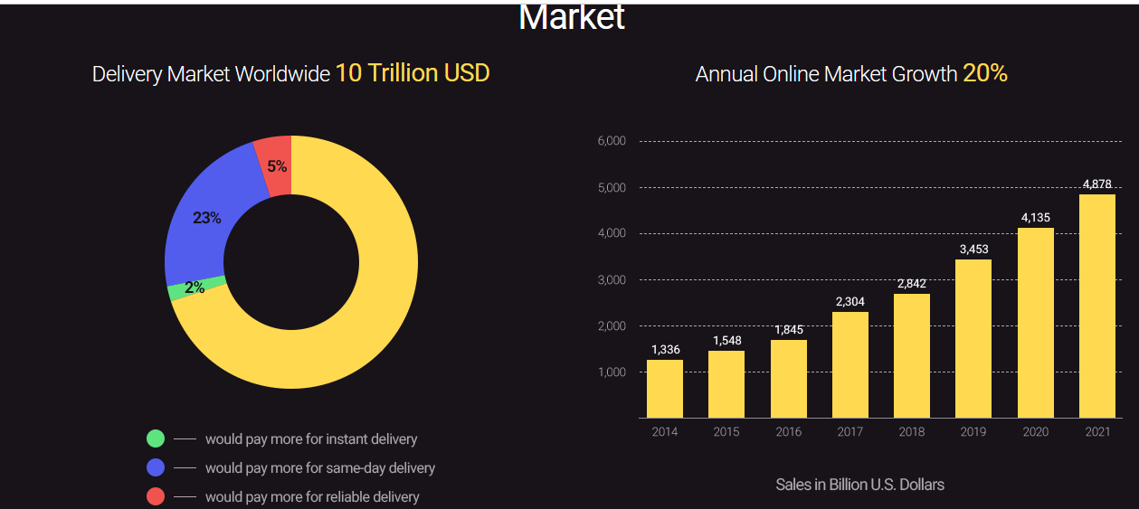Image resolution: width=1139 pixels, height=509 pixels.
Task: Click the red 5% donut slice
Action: (x=275, y=165)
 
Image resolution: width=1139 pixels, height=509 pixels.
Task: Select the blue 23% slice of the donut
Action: (x=207, y=218)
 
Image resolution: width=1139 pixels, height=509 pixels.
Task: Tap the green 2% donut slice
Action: (x=195, y=288)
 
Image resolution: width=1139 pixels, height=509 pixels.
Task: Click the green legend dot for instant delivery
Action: (x=156, y=438)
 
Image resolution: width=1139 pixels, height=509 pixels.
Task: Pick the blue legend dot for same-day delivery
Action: (x=156, y=467)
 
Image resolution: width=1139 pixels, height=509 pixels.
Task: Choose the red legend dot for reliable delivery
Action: (x=156, y=496)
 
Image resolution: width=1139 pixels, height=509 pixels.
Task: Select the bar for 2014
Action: (x=665, y=389)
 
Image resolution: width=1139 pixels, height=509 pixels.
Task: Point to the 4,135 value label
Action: (x=1036, y=217)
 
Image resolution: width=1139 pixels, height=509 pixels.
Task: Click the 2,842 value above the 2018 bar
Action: (x=912, y=284)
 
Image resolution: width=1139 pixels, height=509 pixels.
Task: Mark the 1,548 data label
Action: (x=726, y=340)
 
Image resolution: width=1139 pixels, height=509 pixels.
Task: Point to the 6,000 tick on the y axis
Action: (x=612, y=141)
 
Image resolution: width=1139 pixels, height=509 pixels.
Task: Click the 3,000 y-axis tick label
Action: (x=612, y=280)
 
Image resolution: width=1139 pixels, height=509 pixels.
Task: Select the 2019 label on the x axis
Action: (x=973, y=432)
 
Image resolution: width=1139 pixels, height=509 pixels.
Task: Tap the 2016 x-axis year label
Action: (x=788, y=432)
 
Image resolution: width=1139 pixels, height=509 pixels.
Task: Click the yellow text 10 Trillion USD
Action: (x=413, y=73)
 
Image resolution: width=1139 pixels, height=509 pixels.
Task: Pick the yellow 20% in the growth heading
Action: (x=985, y=73)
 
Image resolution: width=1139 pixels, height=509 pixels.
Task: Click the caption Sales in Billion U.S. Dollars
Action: (x=859, y=485)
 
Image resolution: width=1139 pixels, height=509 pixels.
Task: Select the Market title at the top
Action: (x=572, y=16)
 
